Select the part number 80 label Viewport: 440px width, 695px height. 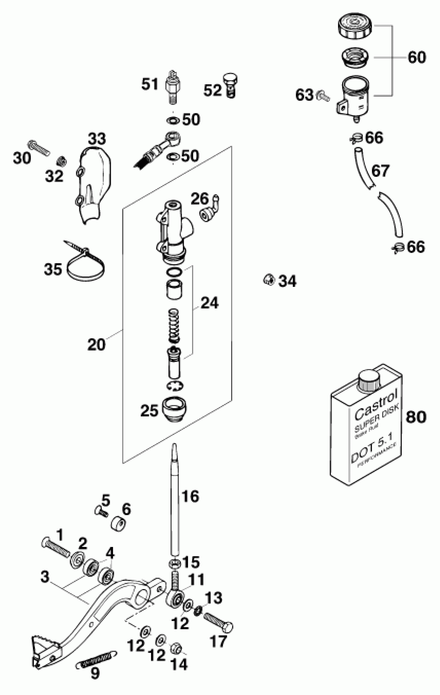(x=416, y=417)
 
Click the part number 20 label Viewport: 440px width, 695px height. (x=96, y=345)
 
